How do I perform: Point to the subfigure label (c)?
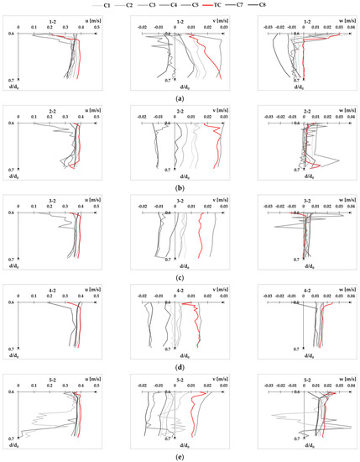180,278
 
